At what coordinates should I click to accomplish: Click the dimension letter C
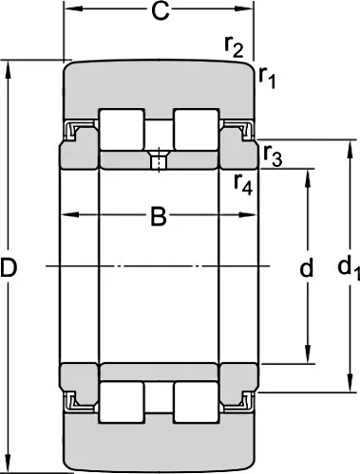click(x=161, y=11)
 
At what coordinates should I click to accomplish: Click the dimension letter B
click(x=159, y=217)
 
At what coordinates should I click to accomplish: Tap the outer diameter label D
click(x=9, y=267)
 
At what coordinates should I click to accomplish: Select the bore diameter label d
click(x=307, y=267)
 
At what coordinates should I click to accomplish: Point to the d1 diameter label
click(x=349, y=267)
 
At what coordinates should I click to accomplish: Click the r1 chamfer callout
click(x=268, y=77)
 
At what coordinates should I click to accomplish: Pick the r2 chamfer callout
click(x=234, y=46)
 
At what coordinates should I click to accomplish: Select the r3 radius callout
click(x=273, y=155)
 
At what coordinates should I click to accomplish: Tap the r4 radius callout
click(x=243, y=184)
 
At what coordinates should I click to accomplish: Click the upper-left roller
click(x=122, y=129)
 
